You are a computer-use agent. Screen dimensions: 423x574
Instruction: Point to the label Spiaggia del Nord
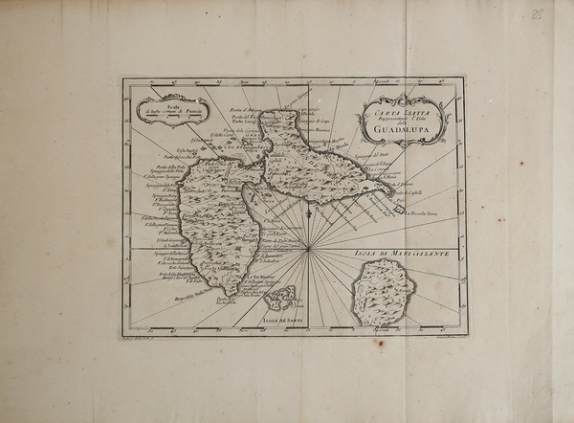(374, 154)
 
